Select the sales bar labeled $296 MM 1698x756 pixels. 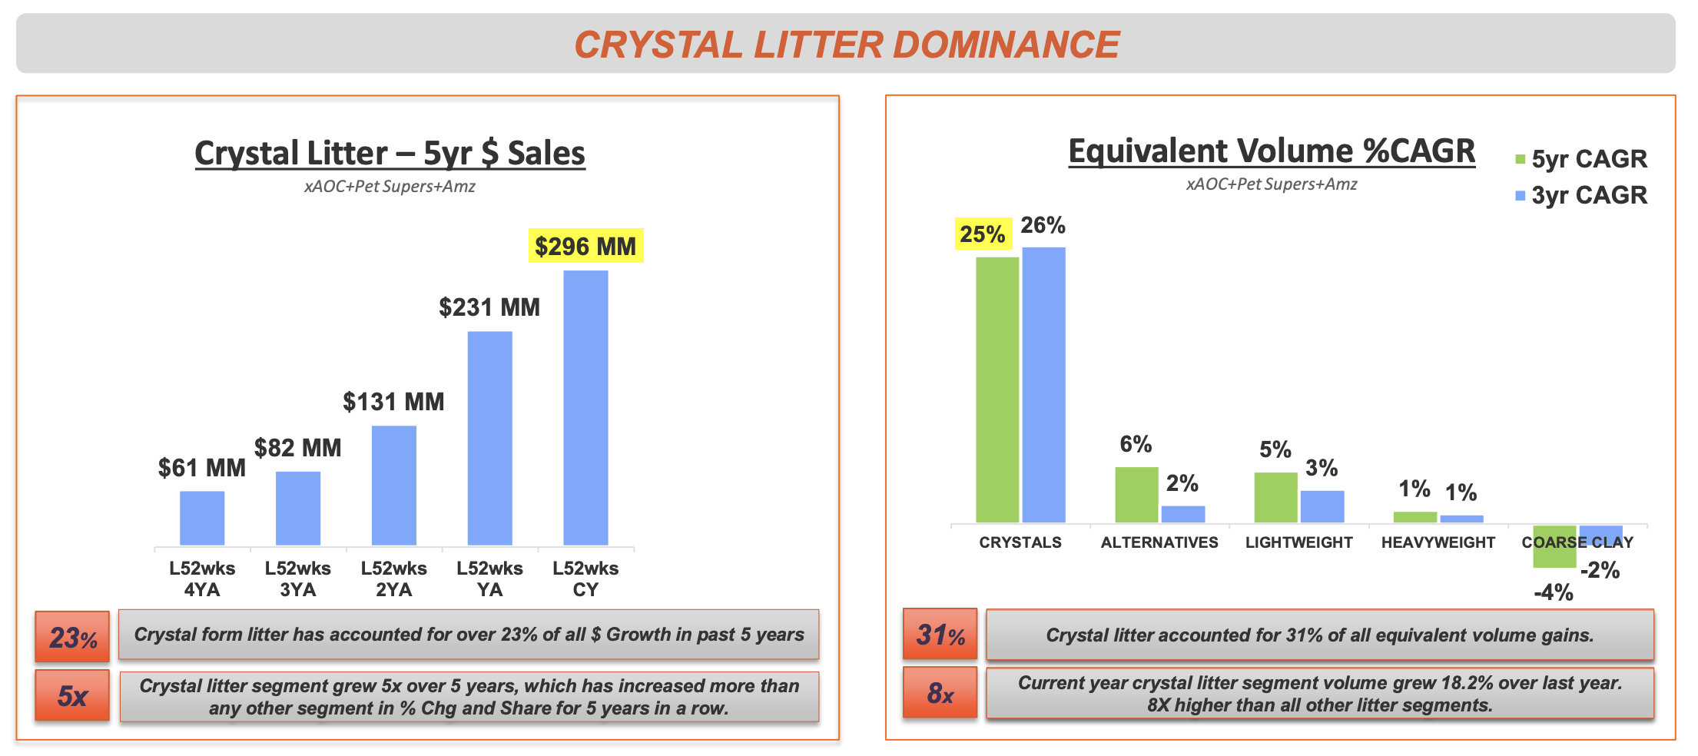(x=585, y=407)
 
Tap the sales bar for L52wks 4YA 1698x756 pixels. (x=202, y=518)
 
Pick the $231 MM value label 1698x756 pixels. (x=489, y=307)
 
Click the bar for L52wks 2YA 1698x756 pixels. (x=394, y=485)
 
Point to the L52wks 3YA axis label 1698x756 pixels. (x=298, y=579)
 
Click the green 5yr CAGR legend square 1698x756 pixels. (x=1520, y=159)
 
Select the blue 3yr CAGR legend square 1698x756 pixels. (x=1520, y=196)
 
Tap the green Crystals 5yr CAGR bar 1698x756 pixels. (x=997, y=390)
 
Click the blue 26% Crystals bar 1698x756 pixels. (x=1043, y=384)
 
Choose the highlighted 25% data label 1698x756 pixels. (x=983, y=234)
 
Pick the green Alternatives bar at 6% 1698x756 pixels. (x=1136, y=494)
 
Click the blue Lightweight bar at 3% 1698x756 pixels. (x=1322, y=506)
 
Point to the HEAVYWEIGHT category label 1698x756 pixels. (x=1438, y=542)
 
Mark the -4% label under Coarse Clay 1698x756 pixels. (x=1554, y=592)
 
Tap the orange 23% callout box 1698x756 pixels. (x=72, y=636)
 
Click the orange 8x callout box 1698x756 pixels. (x=940, y=693)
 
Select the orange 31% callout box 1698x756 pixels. (x=940, y=635)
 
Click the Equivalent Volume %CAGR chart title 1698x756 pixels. (x=1272, y=151)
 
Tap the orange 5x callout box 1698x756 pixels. (x=72, y=695)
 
